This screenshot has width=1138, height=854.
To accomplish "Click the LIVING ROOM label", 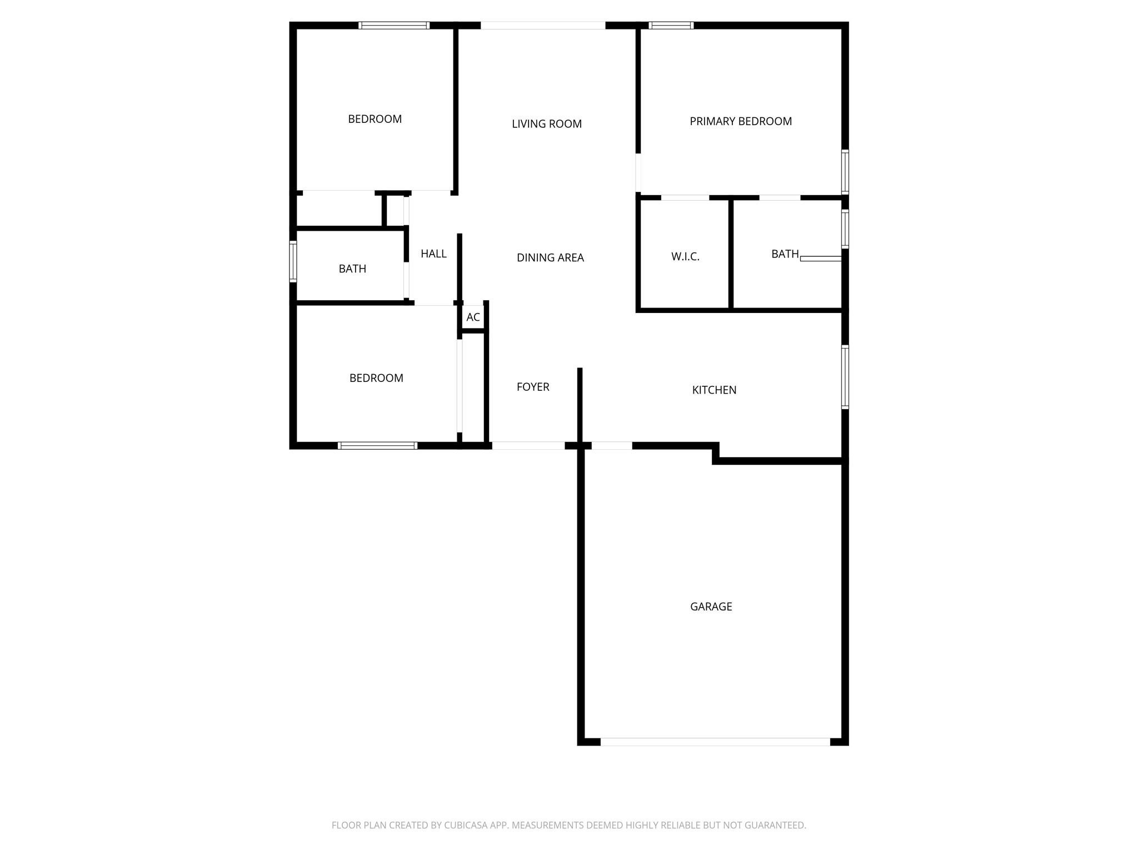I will tap(546, 124).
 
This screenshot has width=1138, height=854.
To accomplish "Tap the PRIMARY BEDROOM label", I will tap(740, 121).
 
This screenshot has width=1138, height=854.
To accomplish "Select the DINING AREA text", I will tap(550, 257).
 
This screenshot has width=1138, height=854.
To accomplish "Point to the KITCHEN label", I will tap(714, 390).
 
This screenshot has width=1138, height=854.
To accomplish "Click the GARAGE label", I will tap(711, 607).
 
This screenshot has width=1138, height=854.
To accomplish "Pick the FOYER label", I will tap(532, 387).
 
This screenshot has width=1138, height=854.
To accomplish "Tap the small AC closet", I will tap(473, 317).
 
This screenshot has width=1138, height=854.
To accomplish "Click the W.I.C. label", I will tap(685, 257).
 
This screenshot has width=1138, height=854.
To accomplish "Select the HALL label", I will tap(433, 254).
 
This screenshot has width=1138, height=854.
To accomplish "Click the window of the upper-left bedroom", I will tap(394, 26).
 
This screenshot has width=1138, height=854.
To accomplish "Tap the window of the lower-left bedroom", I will tap(377, 445).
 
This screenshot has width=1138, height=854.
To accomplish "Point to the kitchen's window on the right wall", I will tap(845, 377).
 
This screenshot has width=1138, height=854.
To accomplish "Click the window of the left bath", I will tap(293, 261).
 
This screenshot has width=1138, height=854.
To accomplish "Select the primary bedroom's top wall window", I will tap(671, 26).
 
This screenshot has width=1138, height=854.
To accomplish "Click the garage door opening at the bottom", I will tap(715, 742).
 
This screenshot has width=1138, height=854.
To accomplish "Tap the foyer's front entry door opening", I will tap(528, 445).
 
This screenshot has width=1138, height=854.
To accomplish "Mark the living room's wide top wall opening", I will tap(542, 26).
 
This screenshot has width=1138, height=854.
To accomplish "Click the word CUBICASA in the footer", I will tap(466, 826).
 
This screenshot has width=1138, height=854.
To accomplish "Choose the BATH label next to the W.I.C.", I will tap(785, 254).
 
